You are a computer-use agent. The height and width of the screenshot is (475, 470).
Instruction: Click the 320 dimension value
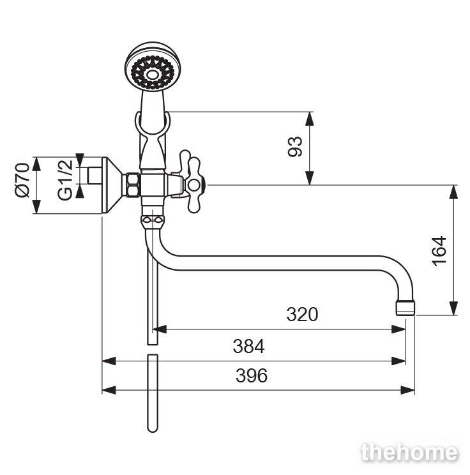pos(302,314)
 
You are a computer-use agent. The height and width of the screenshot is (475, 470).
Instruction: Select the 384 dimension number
pos(248,346)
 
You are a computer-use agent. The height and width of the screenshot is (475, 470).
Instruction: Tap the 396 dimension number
pos(252,375)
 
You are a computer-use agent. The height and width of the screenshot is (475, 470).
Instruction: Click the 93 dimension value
pos(295,147)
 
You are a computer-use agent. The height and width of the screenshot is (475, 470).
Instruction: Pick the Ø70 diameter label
pos(22,180)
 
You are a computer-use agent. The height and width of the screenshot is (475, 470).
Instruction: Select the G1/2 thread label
pos(65,179)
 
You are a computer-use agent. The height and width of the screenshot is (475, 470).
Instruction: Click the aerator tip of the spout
pos(405,308)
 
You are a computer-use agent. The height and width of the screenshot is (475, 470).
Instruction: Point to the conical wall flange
pos(112,185)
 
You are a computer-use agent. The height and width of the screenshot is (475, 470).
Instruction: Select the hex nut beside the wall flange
pos(133,185)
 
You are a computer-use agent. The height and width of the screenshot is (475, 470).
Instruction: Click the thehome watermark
pos(410,453)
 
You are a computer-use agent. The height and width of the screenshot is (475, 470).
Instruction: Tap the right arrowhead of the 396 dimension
pos(407,390)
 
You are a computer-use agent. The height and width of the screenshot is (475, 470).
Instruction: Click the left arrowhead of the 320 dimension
pos(160,329)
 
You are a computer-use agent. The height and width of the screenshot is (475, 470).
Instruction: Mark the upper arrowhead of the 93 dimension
pos(309,119)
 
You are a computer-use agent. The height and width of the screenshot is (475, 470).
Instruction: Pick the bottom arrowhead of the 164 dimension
pos(453,308)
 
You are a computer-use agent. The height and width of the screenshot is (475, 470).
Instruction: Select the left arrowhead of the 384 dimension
pos(109,361)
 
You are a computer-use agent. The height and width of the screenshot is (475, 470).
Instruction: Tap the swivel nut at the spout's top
pos(153,222)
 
